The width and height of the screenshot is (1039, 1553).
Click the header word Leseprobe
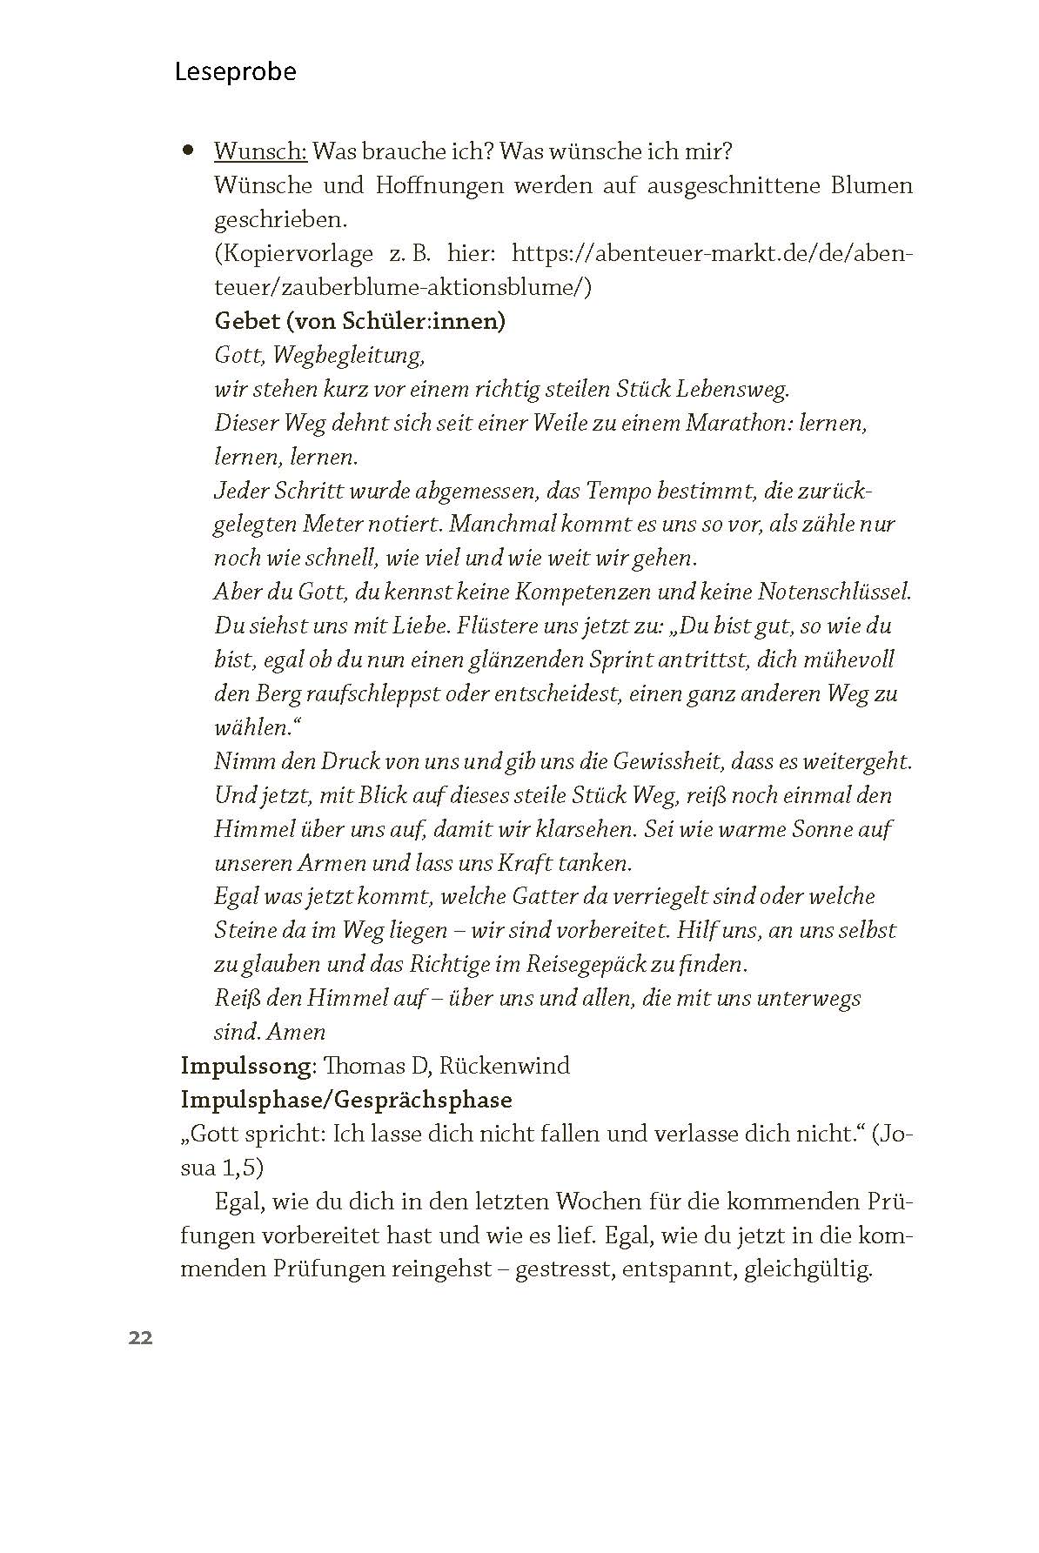(235, 71)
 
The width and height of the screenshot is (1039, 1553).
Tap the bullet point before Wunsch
(187, 151)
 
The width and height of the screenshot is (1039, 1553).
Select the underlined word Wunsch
(260, 151)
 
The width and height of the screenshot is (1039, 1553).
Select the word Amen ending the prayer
(296, 1032)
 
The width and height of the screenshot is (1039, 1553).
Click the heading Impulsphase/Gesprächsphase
(346, 1100)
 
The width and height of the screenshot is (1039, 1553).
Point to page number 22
(140, 1338)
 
